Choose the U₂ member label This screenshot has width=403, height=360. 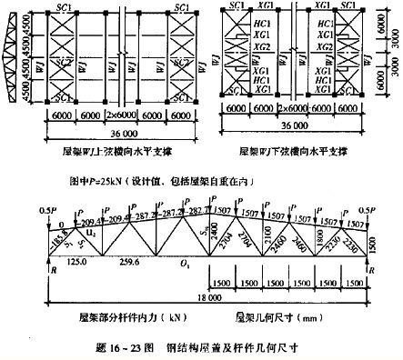pos(89,235)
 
